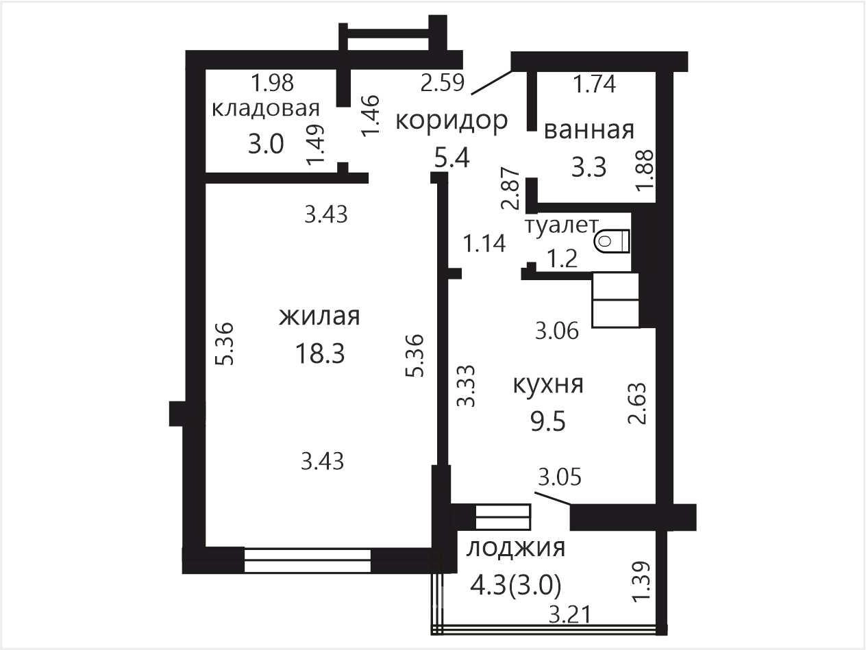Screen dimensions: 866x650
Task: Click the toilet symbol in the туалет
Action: click(613, 241)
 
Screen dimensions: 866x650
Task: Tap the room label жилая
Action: click(319, 316)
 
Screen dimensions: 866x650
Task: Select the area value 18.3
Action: click(320, 353)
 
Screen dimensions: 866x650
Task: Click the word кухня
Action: click(548, 384)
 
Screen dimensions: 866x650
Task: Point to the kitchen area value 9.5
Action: click(548, 421)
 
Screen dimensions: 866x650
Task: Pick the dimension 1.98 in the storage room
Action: click(273, 84)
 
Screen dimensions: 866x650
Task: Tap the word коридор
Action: click(451, 121)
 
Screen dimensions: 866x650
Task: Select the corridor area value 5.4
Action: click(452, 158)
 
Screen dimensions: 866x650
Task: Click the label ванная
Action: click(589, 131)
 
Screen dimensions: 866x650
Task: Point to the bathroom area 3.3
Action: click(589, 167)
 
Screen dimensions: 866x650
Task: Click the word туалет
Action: click(562, 225)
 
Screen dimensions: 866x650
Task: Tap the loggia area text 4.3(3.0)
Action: click(516, 586)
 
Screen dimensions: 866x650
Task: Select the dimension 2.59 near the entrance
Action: click(443, 84)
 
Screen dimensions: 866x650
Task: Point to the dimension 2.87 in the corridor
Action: click(510, 188)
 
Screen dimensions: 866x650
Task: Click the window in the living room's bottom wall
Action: click(308, 560)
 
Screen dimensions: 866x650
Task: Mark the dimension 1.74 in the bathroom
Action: click(594, 84)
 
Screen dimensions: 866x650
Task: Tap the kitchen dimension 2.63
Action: click(638, 403)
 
